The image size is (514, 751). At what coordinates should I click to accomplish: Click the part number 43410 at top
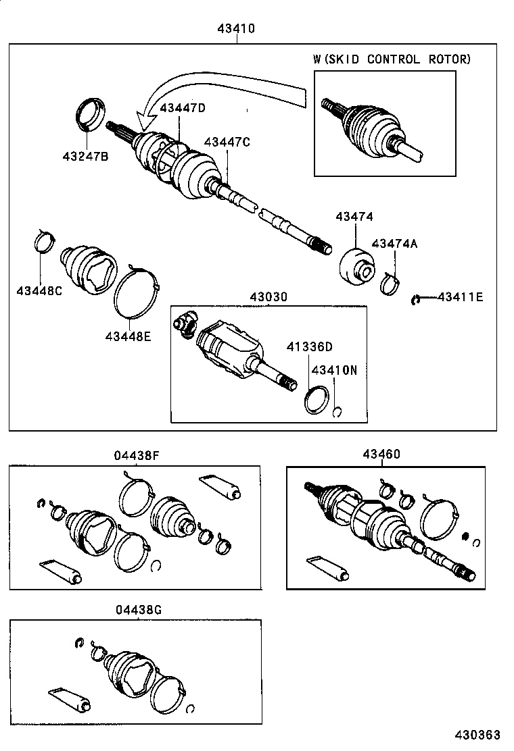(237, 29)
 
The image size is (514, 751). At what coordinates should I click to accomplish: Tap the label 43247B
(85, 156)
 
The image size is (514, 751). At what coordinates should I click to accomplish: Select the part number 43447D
(182, 108)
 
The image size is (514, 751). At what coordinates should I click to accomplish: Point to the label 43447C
(227, 142)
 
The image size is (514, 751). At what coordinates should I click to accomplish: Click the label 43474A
(394, 244)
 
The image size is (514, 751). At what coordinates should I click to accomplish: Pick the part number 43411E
(461, 296)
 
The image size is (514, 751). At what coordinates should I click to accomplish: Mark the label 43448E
(128, 335)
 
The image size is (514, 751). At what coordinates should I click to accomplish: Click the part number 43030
(268, 297)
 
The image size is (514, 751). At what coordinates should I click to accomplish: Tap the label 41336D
(308, 347)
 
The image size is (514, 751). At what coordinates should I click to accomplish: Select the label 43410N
(334, 370)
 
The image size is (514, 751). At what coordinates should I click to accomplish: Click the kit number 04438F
(137, 455)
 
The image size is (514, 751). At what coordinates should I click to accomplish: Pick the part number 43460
(381, 455)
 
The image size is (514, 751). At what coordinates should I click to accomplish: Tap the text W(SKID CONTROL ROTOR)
(392, 59)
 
